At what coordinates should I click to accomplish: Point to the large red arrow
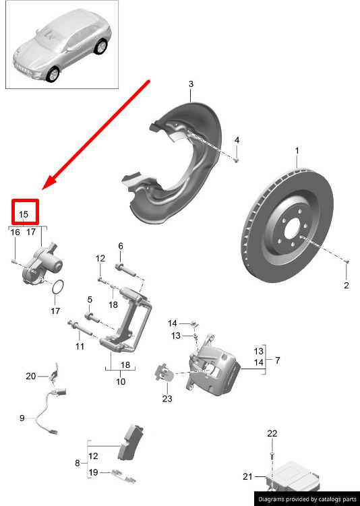(x=96, y=135)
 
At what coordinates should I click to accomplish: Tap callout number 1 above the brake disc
(x=297, y=151)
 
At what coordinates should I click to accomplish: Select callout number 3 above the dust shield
(x=191, y=84)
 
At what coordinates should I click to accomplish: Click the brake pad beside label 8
(x=130, y=442)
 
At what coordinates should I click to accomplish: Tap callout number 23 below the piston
(x=167, y=399)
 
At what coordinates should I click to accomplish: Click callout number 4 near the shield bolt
(x=237, y=140)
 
